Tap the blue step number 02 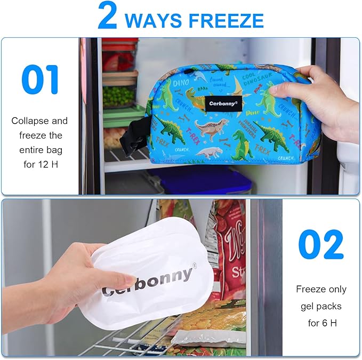point(321,244)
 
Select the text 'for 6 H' point(321,323)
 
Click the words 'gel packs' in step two point(321,306)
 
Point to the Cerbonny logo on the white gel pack point(147,282)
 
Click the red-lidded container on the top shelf point(118,56)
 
